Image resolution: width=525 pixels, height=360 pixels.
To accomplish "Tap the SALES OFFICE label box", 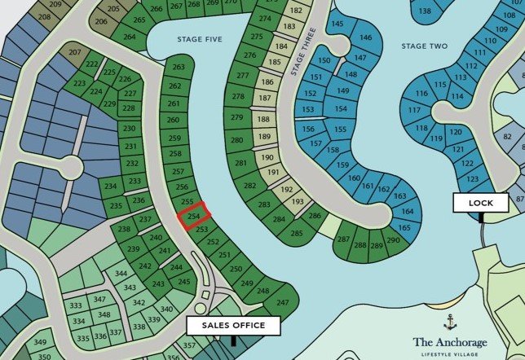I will tap(234, 325).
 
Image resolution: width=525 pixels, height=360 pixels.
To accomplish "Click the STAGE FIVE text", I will tap(200, 38).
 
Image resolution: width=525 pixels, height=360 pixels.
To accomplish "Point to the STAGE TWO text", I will tap(424, 46).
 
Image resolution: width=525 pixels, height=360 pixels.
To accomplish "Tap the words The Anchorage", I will tap(451, 342).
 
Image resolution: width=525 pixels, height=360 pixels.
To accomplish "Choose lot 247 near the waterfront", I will tap(283, 302).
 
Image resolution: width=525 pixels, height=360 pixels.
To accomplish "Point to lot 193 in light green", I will tap(298, 201).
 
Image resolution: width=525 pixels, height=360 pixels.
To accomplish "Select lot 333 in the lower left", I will tap(76, 305).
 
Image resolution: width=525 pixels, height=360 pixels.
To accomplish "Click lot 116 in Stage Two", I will tap(421, 94).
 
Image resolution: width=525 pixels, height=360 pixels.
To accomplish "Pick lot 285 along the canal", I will tap(297, 234).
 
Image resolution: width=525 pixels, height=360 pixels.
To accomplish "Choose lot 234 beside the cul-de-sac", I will tap(112, 187).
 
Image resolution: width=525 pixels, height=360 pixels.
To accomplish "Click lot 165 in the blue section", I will tap(404, 227).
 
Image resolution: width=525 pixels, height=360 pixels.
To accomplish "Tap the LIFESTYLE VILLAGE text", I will tap(451, 354).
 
